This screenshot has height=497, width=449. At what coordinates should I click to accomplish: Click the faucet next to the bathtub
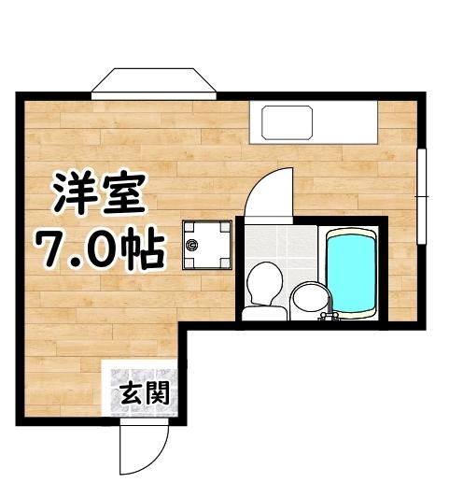click(x=328, y=317)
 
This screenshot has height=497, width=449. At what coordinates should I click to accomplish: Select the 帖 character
click(x=143, y=248)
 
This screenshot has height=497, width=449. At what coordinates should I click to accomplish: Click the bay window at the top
click(x=155, y=81)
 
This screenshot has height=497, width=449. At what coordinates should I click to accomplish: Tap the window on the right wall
click(x=422, y=188)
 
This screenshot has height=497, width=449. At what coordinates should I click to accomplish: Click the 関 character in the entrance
click(x=157, y=394)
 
